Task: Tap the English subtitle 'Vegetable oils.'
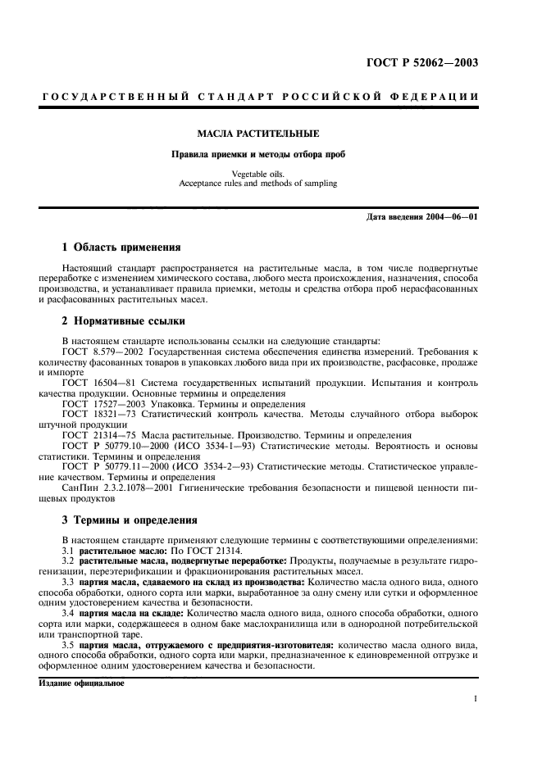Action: pyautogui.click(x=257, y=174)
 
